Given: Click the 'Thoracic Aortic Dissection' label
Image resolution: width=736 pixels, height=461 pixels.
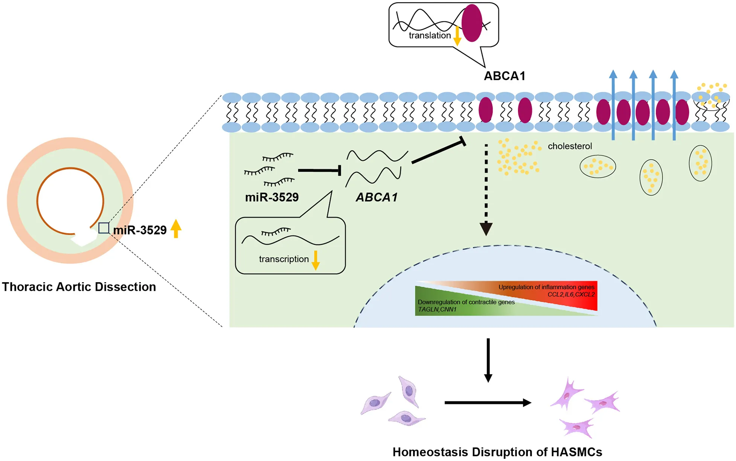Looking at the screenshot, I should click(79, 287).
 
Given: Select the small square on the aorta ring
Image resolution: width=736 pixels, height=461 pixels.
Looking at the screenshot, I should click(104, 228).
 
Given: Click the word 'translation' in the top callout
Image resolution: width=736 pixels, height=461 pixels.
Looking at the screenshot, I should click(430, 35).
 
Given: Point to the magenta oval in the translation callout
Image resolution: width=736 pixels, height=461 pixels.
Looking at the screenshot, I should click(472, 23).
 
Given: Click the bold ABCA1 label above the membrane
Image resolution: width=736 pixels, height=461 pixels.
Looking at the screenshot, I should click(504, 76).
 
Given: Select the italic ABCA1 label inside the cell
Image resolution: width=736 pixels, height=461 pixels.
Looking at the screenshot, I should click(377, 197).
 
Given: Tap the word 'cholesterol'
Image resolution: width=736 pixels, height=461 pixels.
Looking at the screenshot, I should click(570, 146).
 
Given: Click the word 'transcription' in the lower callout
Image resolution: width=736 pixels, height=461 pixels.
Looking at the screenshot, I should click(283, 259).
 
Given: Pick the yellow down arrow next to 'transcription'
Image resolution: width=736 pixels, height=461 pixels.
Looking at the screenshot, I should click(316, 260).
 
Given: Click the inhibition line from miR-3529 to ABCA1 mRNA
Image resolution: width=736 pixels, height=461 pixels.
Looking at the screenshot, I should click(319, 170).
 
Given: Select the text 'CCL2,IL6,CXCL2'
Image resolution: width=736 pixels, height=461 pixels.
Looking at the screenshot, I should click(571, 294).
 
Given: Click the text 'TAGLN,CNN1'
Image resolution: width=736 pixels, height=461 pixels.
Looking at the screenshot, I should click(437, 309).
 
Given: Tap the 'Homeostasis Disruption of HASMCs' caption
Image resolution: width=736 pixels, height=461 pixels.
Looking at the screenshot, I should click(497, 452).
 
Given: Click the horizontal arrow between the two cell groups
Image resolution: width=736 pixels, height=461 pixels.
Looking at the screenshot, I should click(488, 403).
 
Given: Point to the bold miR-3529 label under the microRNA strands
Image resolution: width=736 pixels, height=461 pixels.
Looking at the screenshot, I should click(271, 197).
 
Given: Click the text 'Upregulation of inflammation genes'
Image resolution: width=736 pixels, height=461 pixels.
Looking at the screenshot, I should click(546, 287).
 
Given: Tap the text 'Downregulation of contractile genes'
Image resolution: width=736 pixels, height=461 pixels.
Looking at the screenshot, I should click(466, 302).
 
